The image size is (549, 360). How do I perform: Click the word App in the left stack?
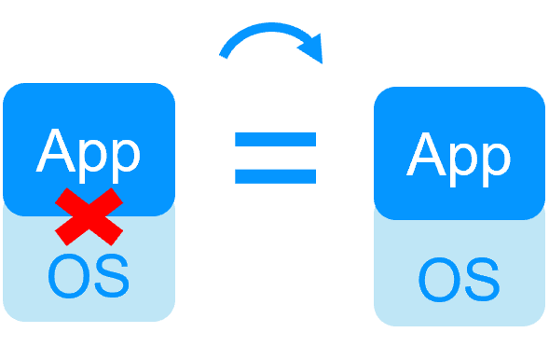(89, 151)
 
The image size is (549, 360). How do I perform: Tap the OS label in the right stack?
(459, 279)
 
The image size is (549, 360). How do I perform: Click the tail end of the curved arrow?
(224, 54)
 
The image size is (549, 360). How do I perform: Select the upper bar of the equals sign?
(275, 140)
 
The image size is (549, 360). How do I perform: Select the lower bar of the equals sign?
(275, 174)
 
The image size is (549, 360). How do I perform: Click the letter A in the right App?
(427, 154)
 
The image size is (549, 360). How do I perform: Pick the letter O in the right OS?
(439, 279)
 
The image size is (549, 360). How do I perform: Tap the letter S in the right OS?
(480, 279)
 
